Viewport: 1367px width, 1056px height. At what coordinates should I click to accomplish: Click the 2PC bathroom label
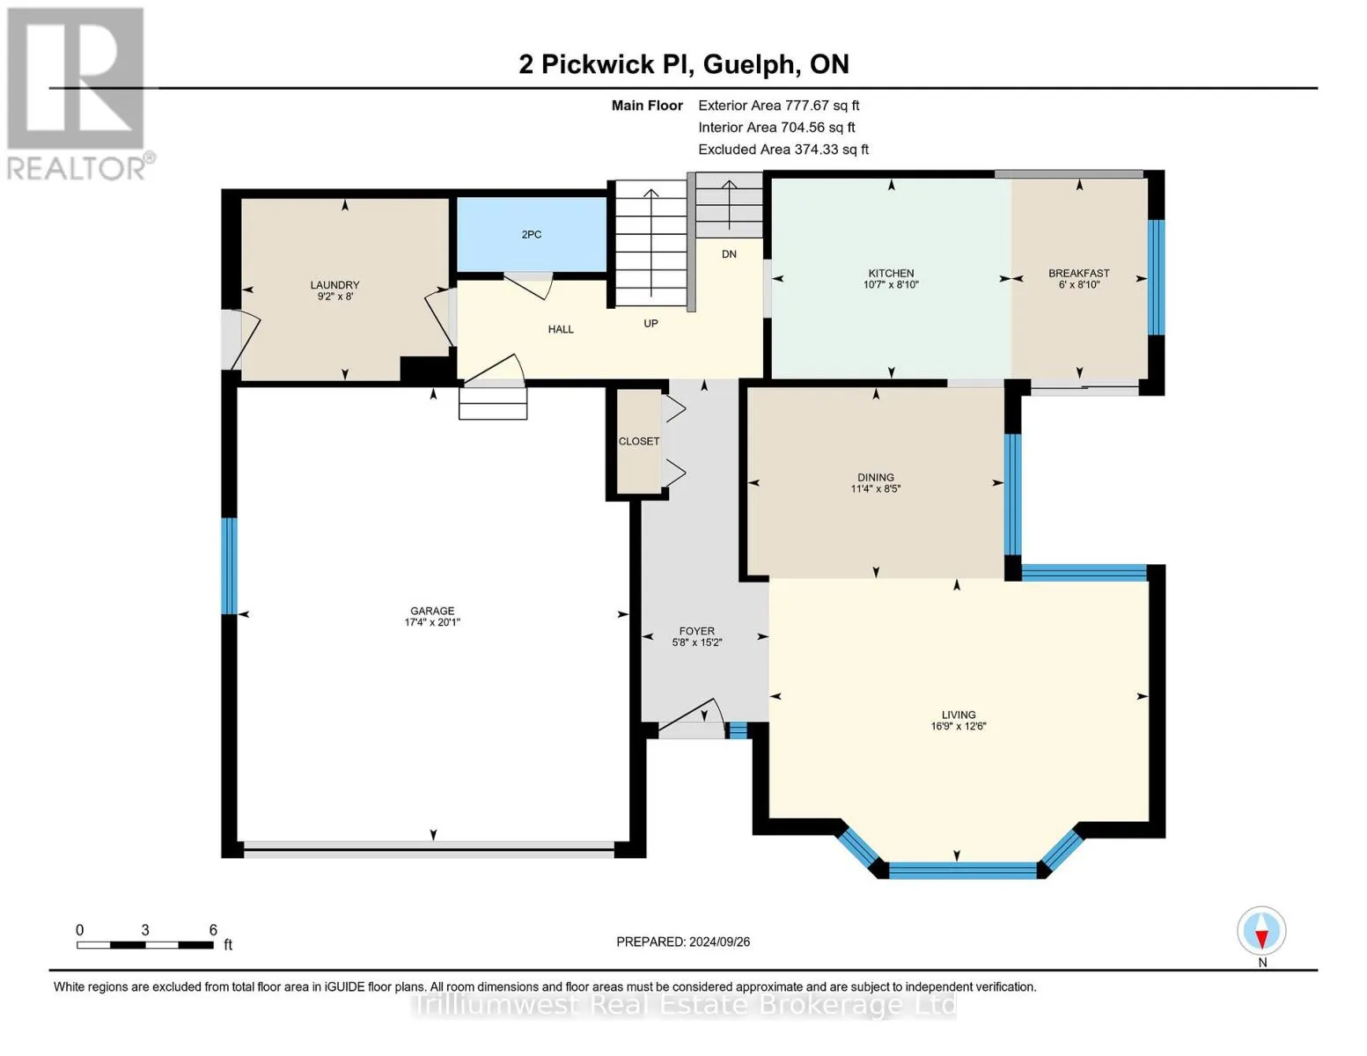531,235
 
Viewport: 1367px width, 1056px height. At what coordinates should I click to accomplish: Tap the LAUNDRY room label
334,285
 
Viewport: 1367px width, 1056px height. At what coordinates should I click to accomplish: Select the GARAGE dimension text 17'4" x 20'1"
432,623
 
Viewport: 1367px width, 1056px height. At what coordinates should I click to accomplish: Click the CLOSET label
638,442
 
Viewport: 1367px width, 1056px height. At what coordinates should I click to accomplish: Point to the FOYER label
696,631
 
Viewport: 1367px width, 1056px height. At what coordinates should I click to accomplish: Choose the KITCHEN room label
891,274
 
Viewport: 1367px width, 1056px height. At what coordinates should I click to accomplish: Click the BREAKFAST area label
1078,274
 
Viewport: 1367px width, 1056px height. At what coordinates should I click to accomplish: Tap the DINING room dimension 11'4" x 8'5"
875,489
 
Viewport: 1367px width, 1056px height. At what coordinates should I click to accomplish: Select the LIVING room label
958,715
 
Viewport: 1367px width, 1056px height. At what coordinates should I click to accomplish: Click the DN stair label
729,254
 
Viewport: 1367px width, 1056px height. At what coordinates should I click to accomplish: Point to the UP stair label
650,324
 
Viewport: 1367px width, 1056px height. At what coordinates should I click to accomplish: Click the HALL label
561,330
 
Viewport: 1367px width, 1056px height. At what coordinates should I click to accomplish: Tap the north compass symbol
1261,932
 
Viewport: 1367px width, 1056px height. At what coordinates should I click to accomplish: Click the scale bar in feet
145,945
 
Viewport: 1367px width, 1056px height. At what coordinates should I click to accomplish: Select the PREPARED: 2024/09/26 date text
683,942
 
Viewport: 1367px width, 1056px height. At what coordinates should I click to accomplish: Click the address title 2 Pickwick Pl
683,64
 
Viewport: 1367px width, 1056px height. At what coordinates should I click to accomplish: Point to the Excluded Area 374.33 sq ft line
783,150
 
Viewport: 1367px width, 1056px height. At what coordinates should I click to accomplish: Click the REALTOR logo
77,92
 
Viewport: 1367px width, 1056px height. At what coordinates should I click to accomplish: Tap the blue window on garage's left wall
229,565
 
